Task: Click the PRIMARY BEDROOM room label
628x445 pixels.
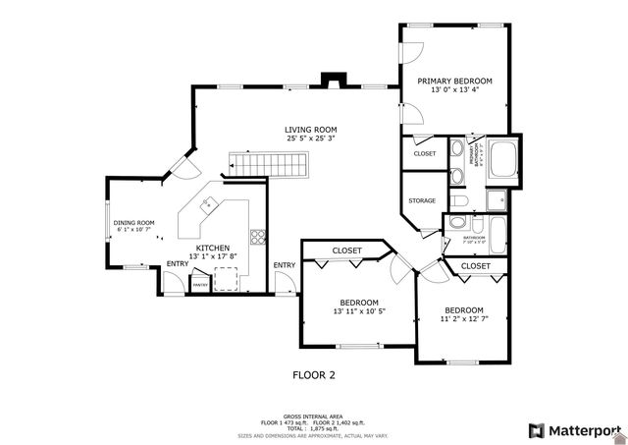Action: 454,81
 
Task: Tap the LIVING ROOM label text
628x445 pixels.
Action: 311,130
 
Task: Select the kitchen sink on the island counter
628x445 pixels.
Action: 207,204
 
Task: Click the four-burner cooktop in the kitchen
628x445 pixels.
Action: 257,236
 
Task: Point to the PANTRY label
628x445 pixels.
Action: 200,285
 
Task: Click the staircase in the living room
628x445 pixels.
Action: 268,165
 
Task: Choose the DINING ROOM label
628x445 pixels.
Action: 133,223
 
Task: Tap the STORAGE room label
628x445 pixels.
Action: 422,200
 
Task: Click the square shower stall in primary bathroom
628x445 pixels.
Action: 497,201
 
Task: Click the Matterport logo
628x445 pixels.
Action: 575,430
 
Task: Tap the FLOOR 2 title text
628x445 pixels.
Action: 314,374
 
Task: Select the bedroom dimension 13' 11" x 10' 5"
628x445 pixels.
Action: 358,311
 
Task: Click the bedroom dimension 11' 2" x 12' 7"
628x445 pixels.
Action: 461,318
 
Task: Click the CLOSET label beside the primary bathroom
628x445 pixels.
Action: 425,153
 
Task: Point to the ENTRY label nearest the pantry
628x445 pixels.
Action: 178,263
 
